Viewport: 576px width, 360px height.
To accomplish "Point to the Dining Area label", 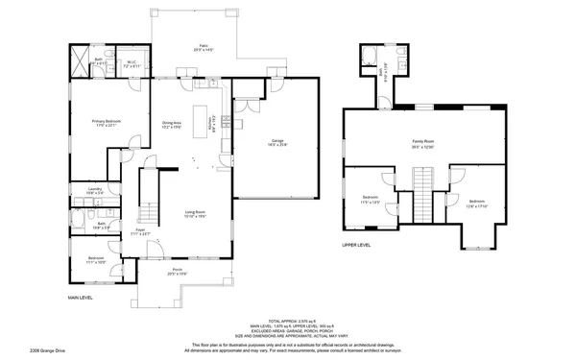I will (172, 124).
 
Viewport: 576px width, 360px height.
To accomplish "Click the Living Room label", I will (196, 213).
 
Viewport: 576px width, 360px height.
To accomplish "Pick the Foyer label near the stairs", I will (139, 230).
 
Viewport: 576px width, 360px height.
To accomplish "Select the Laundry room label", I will (95, 190).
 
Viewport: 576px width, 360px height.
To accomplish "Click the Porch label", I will (178, 271).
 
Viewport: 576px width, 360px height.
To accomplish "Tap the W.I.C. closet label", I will (134, 65).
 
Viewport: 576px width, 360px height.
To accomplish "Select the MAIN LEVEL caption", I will (80, 298).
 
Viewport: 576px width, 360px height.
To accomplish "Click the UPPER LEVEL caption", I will (357, 245).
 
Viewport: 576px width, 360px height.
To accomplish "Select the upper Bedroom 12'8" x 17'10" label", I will (477, 204).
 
